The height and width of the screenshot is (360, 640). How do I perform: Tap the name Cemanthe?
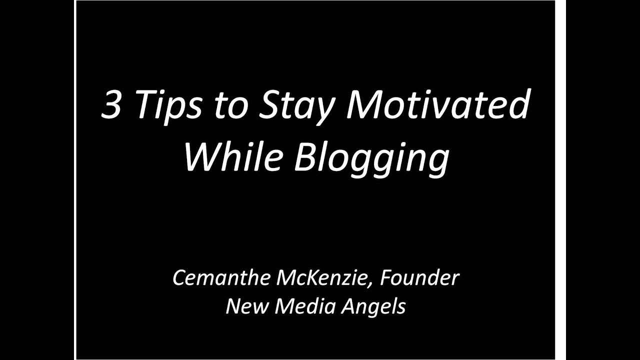[220, 278]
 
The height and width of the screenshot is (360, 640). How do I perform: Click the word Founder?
[419, 278]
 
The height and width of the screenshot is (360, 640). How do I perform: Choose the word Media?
[304, 306]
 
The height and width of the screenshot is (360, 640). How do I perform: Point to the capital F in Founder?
[386, 278]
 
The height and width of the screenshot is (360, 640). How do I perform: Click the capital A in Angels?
[347, 306]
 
